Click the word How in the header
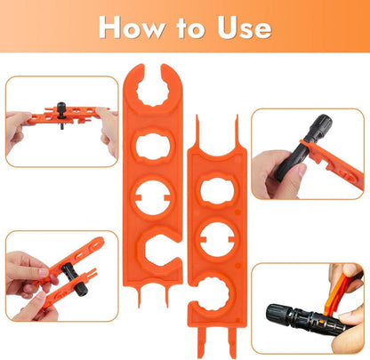[132, 28]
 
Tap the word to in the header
[190, 28]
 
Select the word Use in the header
[245, 28]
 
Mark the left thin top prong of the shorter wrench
[197, 131]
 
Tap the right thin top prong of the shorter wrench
[237, 131]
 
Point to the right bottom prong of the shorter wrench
[232, 341]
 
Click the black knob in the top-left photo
[61, 110]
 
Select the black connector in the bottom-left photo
[73, 277]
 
